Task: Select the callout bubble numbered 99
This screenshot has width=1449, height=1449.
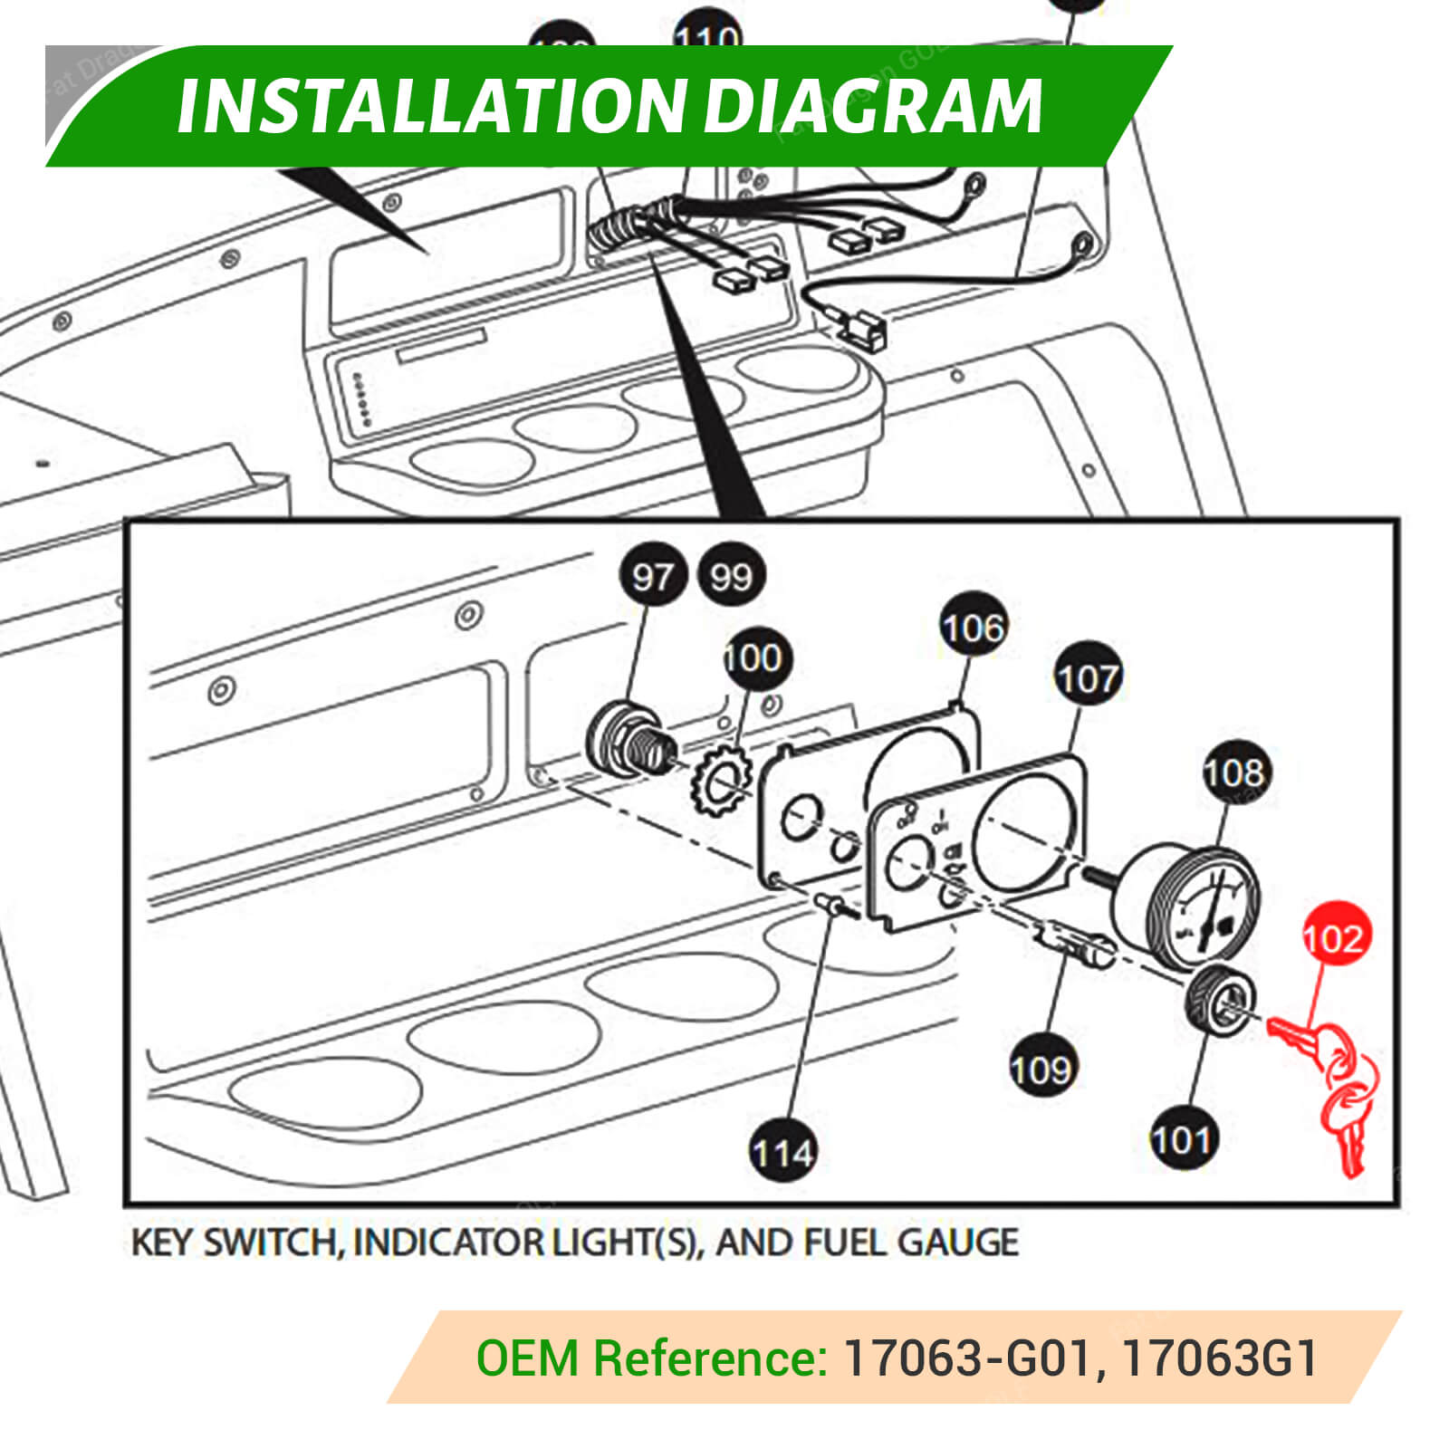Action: tap(732, 576)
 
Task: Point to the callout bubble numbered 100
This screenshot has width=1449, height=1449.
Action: tap(754, 658)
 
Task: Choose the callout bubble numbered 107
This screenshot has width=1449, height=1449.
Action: tap(1088, 678)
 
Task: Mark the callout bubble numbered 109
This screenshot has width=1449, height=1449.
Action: tap(1042, 1070)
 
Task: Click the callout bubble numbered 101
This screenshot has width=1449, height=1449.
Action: tap(1183, 1139)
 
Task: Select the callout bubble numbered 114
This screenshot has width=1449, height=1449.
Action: tap(783, 1153)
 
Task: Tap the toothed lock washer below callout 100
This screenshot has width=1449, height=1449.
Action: tap(721, 779)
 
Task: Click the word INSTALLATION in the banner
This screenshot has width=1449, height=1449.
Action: tap(431, 107)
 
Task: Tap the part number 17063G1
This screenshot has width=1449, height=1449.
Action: tap(1219, 1358)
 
